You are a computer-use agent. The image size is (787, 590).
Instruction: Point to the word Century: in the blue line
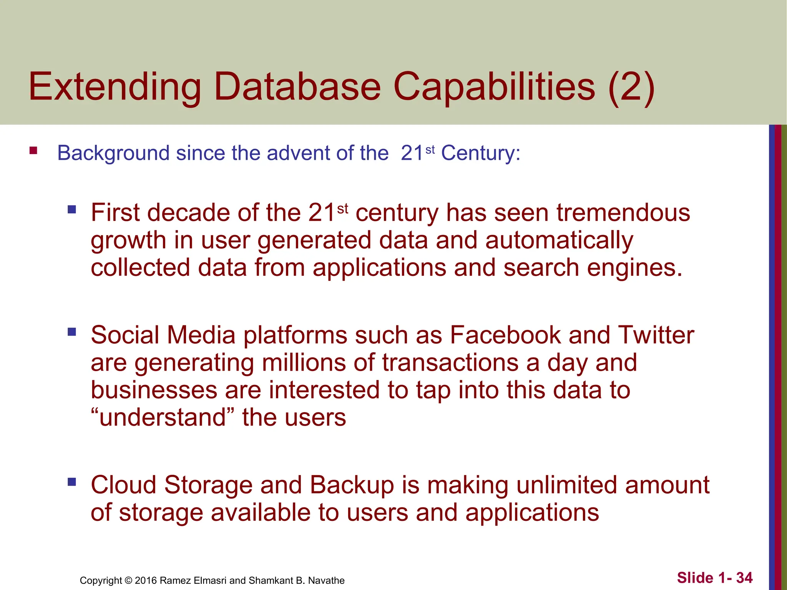(x=480, y=153)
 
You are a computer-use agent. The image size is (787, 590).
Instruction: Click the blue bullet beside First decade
(x=72, y=210)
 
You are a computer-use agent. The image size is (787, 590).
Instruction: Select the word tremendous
(x=623, y=213)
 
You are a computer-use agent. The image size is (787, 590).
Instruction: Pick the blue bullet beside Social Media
(x=72, y=331)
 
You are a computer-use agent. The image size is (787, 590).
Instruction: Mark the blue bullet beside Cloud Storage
(x=72, y=482)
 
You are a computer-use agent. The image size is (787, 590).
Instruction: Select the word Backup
(x=352, y=485)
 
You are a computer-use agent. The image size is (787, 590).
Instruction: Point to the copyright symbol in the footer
(x=128, y=580)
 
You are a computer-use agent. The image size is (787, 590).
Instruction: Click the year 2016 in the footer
(x=146, y=580)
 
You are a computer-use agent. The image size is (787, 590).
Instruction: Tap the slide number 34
(x=744, y=578)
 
